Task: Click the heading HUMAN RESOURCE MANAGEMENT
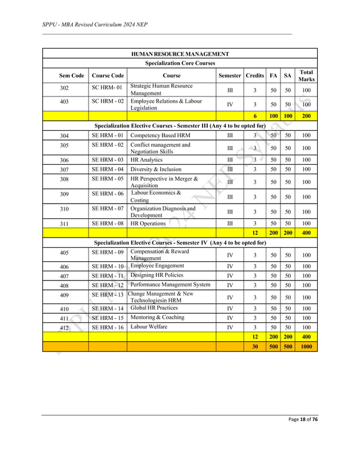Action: [180, 54]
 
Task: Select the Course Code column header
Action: [108, 76]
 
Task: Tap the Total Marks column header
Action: [306, 76]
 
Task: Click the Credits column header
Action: [255, 76]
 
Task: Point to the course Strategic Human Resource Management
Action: [161, 90]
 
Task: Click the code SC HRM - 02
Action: [108, 102]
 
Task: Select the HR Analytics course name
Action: [147, 160]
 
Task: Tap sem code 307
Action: [64, 170]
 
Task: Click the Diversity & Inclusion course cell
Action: [156, 169]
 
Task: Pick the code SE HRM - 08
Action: [108, 223]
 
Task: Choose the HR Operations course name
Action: [148, 223]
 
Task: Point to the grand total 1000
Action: [306, 346]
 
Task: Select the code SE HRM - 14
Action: [108, 309]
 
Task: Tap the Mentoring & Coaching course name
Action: [157, 318]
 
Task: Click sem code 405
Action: [64, 253]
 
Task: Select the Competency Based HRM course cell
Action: [160, 135]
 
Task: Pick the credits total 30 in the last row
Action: [255, 346]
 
